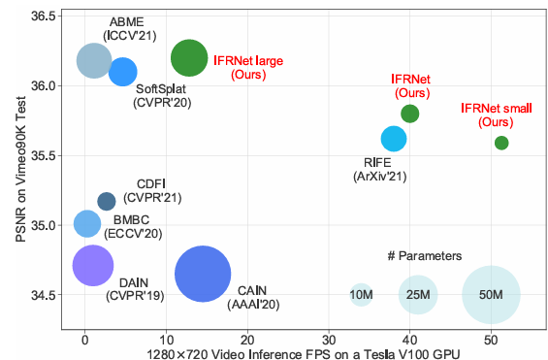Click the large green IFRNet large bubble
pyautogui.click(x=188, y=58)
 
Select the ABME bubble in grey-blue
pyautogui.click(x=94, y=60)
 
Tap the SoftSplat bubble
pyautogui.click(x=123, y=72)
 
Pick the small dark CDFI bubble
pyautogui.click(x=107, y=201)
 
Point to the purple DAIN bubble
pyautogui.click(x=93, y=264)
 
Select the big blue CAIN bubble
pyautogui.click(x=203, y=275)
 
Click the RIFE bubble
pyautogui.click(x=394, y=139)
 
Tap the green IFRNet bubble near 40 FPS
pyautogui.click(x=410, y=114)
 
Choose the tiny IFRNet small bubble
pyautogui.click(x=501, y=143)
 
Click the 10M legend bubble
pyautogui.click(x=361, y=294)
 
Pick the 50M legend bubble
pyautogui.click(x=491, y=294)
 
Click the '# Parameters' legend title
pyautogui.click(x=424, y=256)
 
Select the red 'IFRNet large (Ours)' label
pyautogui.click(x=248, y=67)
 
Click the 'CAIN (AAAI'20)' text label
pyautogui.click(x=251, y=298)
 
